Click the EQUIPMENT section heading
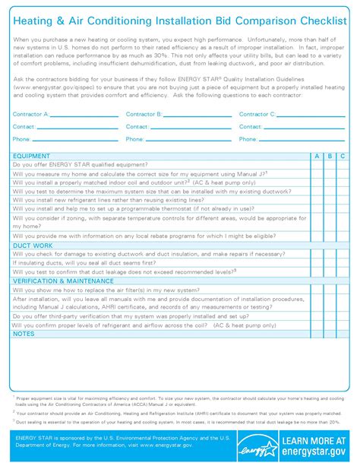point(32,155)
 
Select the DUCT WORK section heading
point(33,246)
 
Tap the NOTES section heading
point(24,333)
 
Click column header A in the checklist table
point(317,155)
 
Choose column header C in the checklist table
point(343,155)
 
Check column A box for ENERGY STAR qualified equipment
point(317,164)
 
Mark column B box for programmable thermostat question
point(330,207)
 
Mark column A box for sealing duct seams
point(317,262)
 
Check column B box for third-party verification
point(330,315)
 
